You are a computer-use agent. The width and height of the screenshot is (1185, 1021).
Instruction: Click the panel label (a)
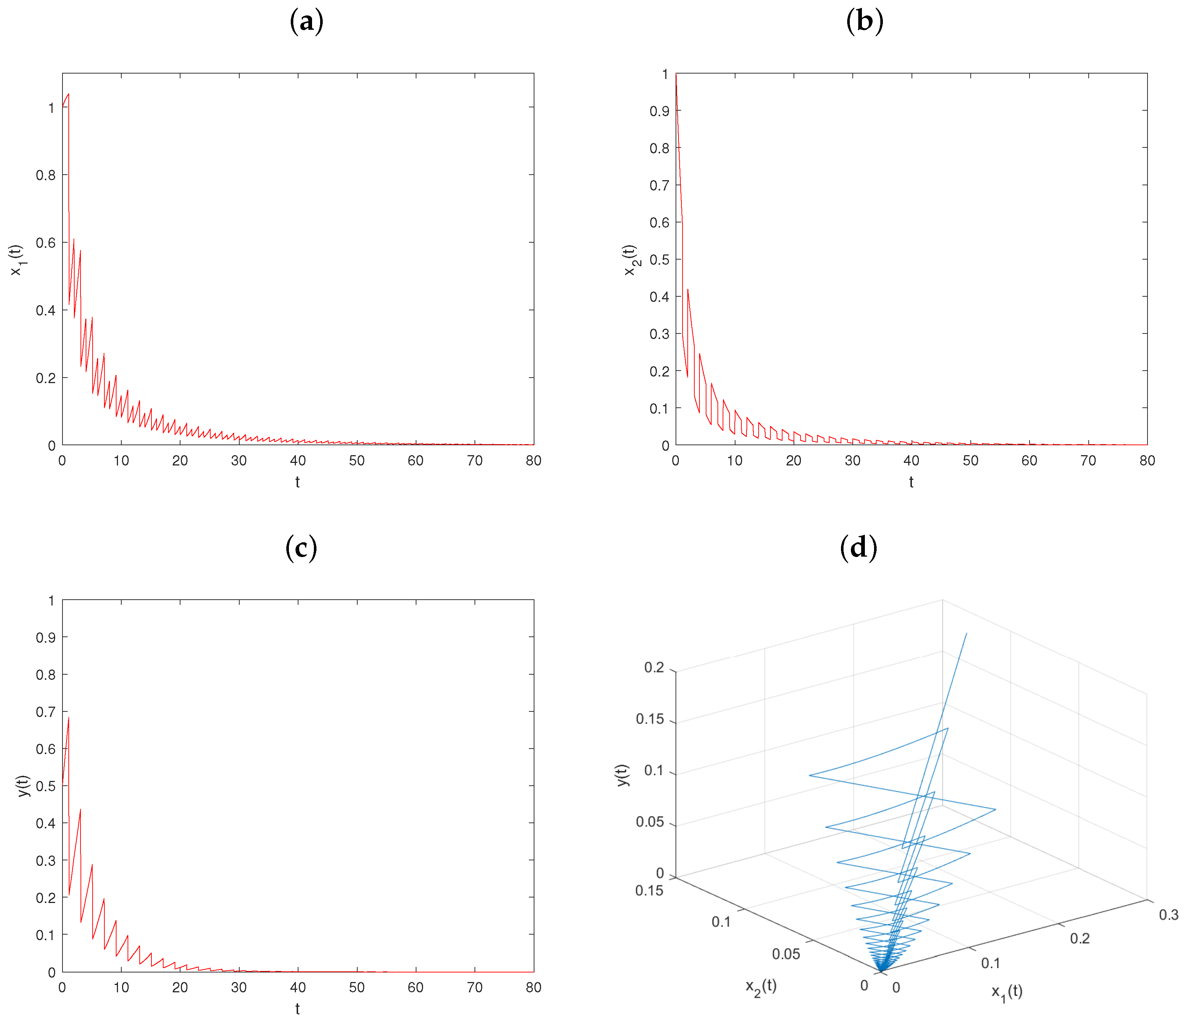click(307, 22)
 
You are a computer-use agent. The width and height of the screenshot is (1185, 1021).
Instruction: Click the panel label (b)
click(864, 22)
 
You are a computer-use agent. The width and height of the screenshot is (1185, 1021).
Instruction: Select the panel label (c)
click(301, 547)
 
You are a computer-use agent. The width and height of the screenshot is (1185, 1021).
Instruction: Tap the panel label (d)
click(858, 547)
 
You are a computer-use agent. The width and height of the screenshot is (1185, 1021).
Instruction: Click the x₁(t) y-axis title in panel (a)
click(17, 260)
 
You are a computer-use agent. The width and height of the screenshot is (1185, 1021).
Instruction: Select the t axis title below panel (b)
click(911, 482)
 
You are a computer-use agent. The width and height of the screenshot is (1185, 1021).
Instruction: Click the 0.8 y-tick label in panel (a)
click(46, 175)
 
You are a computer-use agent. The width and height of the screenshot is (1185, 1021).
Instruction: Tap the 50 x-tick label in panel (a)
click(357, 460)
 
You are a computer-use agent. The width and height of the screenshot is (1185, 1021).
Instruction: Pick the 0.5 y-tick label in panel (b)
click(659, 260)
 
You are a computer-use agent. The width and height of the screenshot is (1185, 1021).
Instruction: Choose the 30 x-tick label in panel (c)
click(239, 987)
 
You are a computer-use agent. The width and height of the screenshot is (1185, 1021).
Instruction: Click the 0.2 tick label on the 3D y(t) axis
click(654, 668)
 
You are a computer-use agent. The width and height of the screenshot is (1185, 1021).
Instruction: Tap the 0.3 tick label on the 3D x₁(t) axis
click(1168, 915)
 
